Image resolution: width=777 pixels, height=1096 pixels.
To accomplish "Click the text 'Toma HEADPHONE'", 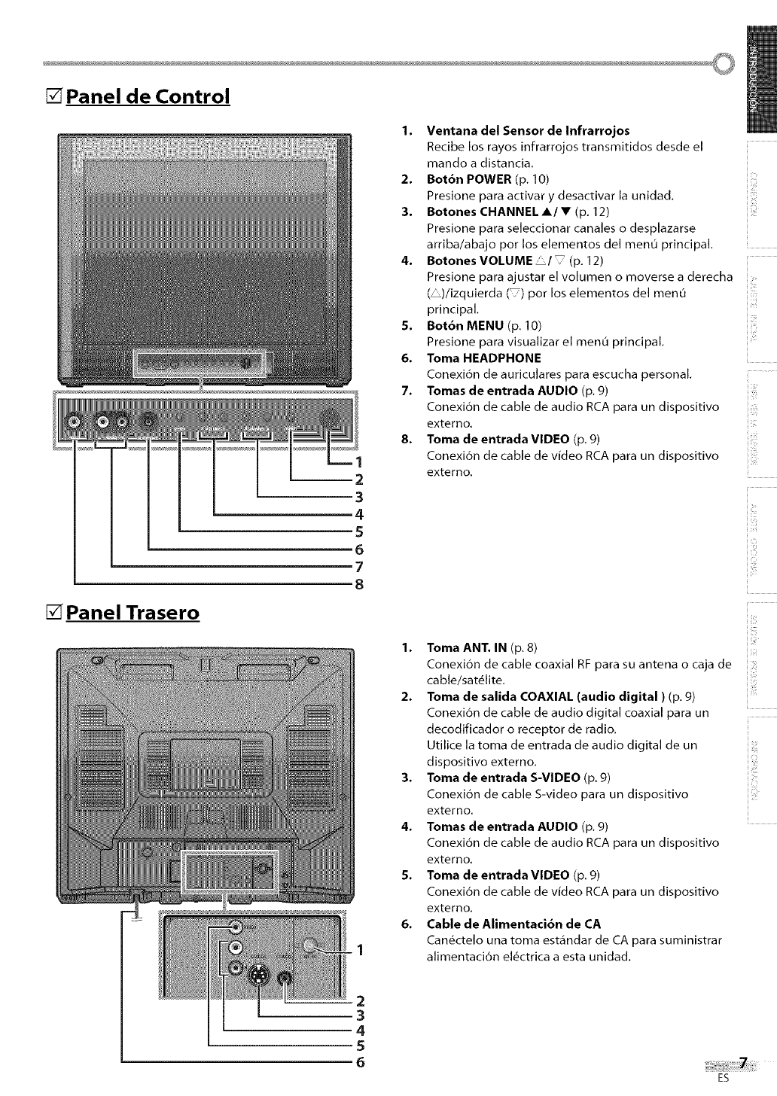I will coord(473,358).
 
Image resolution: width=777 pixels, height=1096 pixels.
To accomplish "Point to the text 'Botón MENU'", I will coord(465,325).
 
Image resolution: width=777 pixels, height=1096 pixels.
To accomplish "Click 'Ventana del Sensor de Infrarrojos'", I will coord(528,130).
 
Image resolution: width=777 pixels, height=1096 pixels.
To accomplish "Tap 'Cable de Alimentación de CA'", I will coord(513,924).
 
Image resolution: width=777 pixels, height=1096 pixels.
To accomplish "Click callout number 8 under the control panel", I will coord(359,583).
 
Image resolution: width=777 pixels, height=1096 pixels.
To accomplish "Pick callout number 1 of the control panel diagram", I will coord(359,462).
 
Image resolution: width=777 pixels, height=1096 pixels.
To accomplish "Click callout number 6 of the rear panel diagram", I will coord(360,1063).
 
